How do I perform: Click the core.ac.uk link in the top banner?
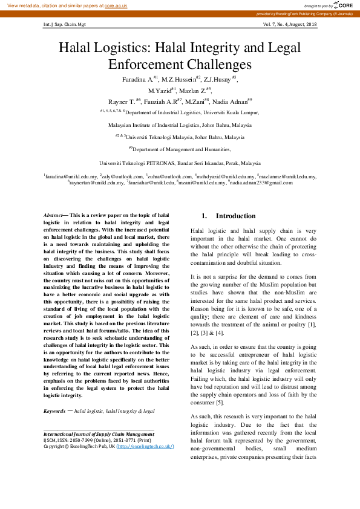116,5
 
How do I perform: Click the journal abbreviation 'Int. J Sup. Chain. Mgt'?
65,25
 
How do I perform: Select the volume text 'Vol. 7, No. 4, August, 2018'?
290,25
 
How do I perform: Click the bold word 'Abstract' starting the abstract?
53,215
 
